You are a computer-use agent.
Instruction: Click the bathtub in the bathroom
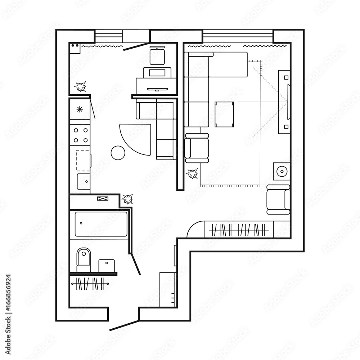point(101,224)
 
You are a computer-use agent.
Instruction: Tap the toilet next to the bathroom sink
point(84,260)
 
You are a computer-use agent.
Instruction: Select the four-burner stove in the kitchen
point(80,135)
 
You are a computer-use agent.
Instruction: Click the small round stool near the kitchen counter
point(118,153)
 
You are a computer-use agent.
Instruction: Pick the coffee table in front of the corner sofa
point(224,114)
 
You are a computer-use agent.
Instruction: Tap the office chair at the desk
point(157,56)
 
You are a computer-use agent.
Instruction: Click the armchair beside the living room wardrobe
point(278,199)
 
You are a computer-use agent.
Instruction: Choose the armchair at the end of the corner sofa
point(197,148)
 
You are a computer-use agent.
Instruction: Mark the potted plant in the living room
point(192,174)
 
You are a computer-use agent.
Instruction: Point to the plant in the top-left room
point(80,86)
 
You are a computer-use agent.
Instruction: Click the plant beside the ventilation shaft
point(127,199)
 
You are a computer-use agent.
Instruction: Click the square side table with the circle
point(281,171)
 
